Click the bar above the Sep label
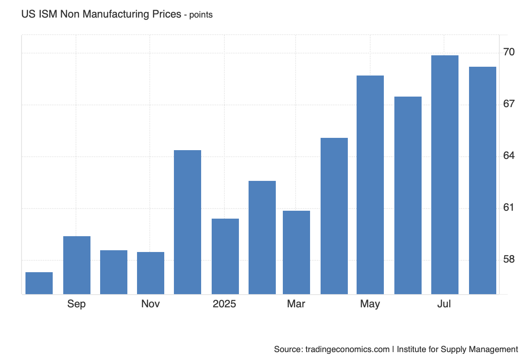pyautogui.click(x=77, y=265)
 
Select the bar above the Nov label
pyautogui.click(x=151, y=273)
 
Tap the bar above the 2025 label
pyautogui.click(x=225, y=256)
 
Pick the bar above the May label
pyautogui.click(x=370, y=185)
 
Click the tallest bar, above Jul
pyautogui.click(x=445, y=175)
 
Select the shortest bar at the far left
pyautogui.click(x=39, y=283)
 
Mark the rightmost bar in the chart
pyautogui.click(x=483, y=180)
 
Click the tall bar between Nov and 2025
pyautogui.click(x=188, y=222)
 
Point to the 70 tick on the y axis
pyautogui.click(x=509, y=52)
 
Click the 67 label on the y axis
pyautogui.click(x=509, y=104)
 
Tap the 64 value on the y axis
pyautogui.click(x=509, y=156)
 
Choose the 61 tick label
pyautogui.click(x=509, y=207)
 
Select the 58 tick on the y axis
pyautogui.click(x=509, y=259)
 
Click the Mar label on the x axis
pyautogui.click(x=296, y=304)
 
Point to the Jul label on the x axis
pyautogui.click(x=444, y=304)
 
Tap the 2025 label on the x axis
pyautogui.click(x=224, y=304)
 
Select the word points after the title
pyautogui.click(x=201, y=15)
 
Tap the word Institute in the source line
pyautogui.click(x=416, y=349)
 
